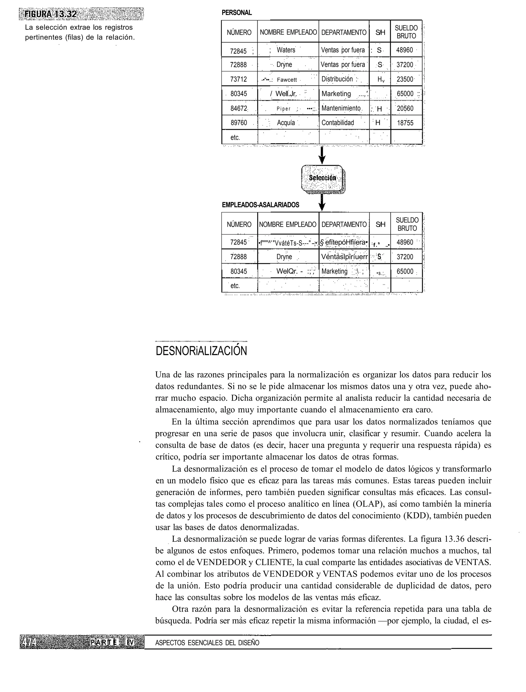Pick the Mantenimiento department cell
(341, 109)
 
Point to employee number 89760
(239, 123)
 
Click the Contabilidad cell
(337, 123)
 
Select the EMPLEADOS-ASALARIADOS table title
(260, 205)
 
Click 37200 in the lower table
(405, 257)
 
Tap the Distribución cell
(337, 79)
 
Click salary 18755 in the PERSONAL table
(405, 123)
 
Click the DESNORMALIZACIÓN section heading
(201, 351)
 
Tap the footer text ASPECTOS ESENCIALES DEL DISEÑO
(207, 643)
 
